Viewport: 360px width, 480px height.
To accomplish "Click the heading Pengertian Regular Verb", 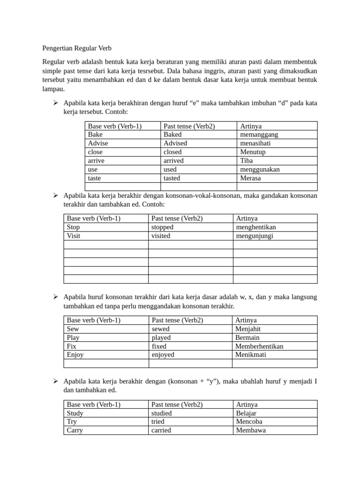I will tap(77, 48).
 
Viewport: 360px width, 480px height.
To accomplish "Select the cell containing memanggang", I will tap(259, 135).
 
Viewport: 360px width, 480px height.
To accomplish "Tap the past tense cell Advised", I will tap(175, 143).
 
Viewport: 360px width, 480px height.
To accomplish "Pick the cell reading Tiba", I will tap(247, 160).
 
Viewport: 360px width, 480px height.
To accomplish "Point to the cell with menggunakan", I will tap(260, 169).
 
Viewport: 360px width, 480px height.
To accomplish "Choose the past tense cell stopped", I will tap(162, 227).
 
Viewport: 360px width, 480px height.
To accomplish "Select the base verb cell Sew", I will tap(73, 329).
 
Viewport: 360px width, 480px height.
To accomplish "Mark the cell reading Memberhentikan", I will tap(260, 346).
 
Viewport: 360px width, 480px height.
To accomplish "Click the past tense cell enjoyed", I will tap(163, 355).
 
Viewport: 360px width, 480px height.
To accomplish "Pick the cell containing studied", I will tap(161, 413).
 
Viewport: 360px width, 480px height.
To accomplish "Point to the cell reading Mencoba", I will tap(249, 422).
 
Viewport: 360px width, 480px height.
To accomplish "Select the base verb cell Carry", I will tap(75, 430).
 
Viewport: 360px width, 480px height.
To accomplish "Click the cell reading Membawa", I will tap(250, 430).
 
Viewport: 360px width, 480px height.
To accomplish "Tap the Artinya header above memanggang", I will tap(251, 126).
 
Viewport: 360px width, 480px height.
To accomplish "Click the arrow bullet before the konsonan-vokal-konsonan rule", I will tap(55, 195).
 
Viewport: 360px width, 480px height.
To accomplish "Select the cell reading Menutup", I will tap(253, 152).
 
